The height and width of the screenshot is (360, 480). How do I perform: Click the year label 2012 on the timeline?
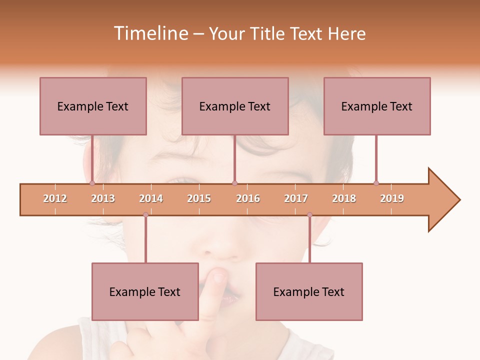click(x=55, y=198)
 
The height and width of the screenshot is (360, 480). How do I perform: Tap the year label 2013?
click(x=103, y=198)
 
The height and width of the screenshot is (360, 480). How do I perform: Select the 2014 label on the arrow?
click(x=151, y=198)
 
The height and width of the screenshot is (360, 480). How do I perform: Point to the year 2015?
click(x=199, y=198)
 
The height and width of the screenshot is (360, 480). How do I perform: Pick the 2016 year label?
click(x=248, y=198)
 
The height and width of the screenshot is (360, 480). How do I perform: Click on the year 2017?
click(x=296, y=198)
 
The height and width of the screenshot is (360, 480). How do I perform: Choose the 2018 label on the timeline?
click(x=344, y=198)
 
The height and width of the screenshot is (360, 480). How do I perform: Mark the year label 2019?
click(x=392, y=198)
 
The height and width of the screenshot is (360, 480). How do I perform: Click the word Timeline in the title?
click(x=149, y=33)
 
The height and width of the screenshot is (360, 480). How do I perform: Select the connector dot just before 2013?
click(x=92, y=183)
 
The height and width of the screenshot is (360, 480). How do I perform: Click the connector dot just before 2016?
click(x=234, y=183)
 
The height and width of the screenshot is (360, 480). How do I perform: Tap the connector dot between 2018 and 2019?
click(x=376, y=183)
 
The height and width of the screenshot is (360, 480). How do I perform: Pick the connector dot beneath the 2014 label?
click(x=145, y=215)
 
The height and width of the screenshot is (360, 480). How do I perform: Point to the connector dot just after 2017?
click(x=309, y=215)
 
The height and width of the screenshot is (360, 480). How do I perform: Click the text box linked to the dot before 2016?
click(x=235, y=106)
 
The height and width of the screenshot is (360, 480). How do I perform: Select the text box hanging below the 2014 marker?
click(x=145, y=291)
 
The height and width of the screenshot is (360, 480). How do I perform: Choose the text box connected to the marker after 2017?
click(x=309, y=291)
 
